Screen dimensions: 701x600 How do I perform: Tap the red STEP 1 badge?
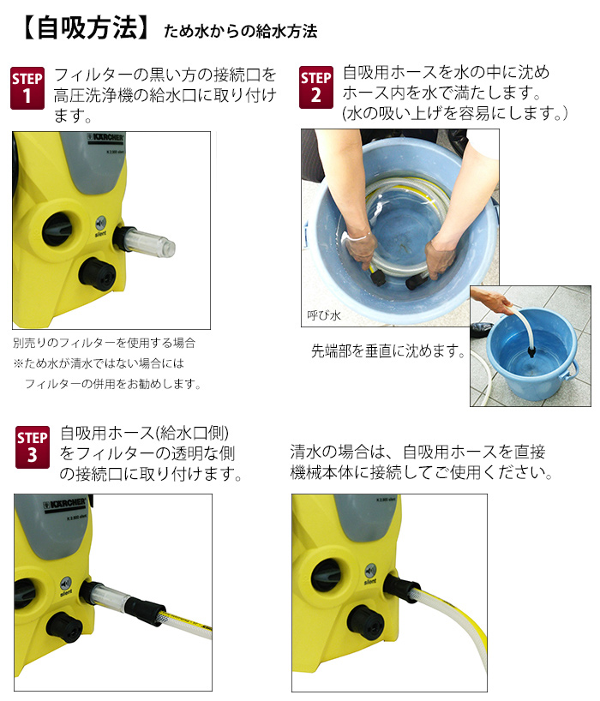(27, 89)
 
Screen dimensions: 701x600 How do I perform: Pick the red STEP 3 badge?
(32, 447)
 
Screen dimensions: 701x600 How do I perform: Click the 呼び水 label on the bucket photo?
(324, 315)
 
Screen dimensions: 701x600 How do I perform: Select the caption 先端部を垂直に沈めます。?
(389, 351)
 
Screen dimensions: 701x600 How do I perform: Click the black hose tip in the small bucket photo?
(532, 347)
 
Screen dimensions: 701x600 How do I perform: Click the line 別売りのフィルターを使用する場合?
(104, 342)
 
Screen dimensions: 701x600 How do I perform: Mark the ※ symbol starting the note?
(18, 363)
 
